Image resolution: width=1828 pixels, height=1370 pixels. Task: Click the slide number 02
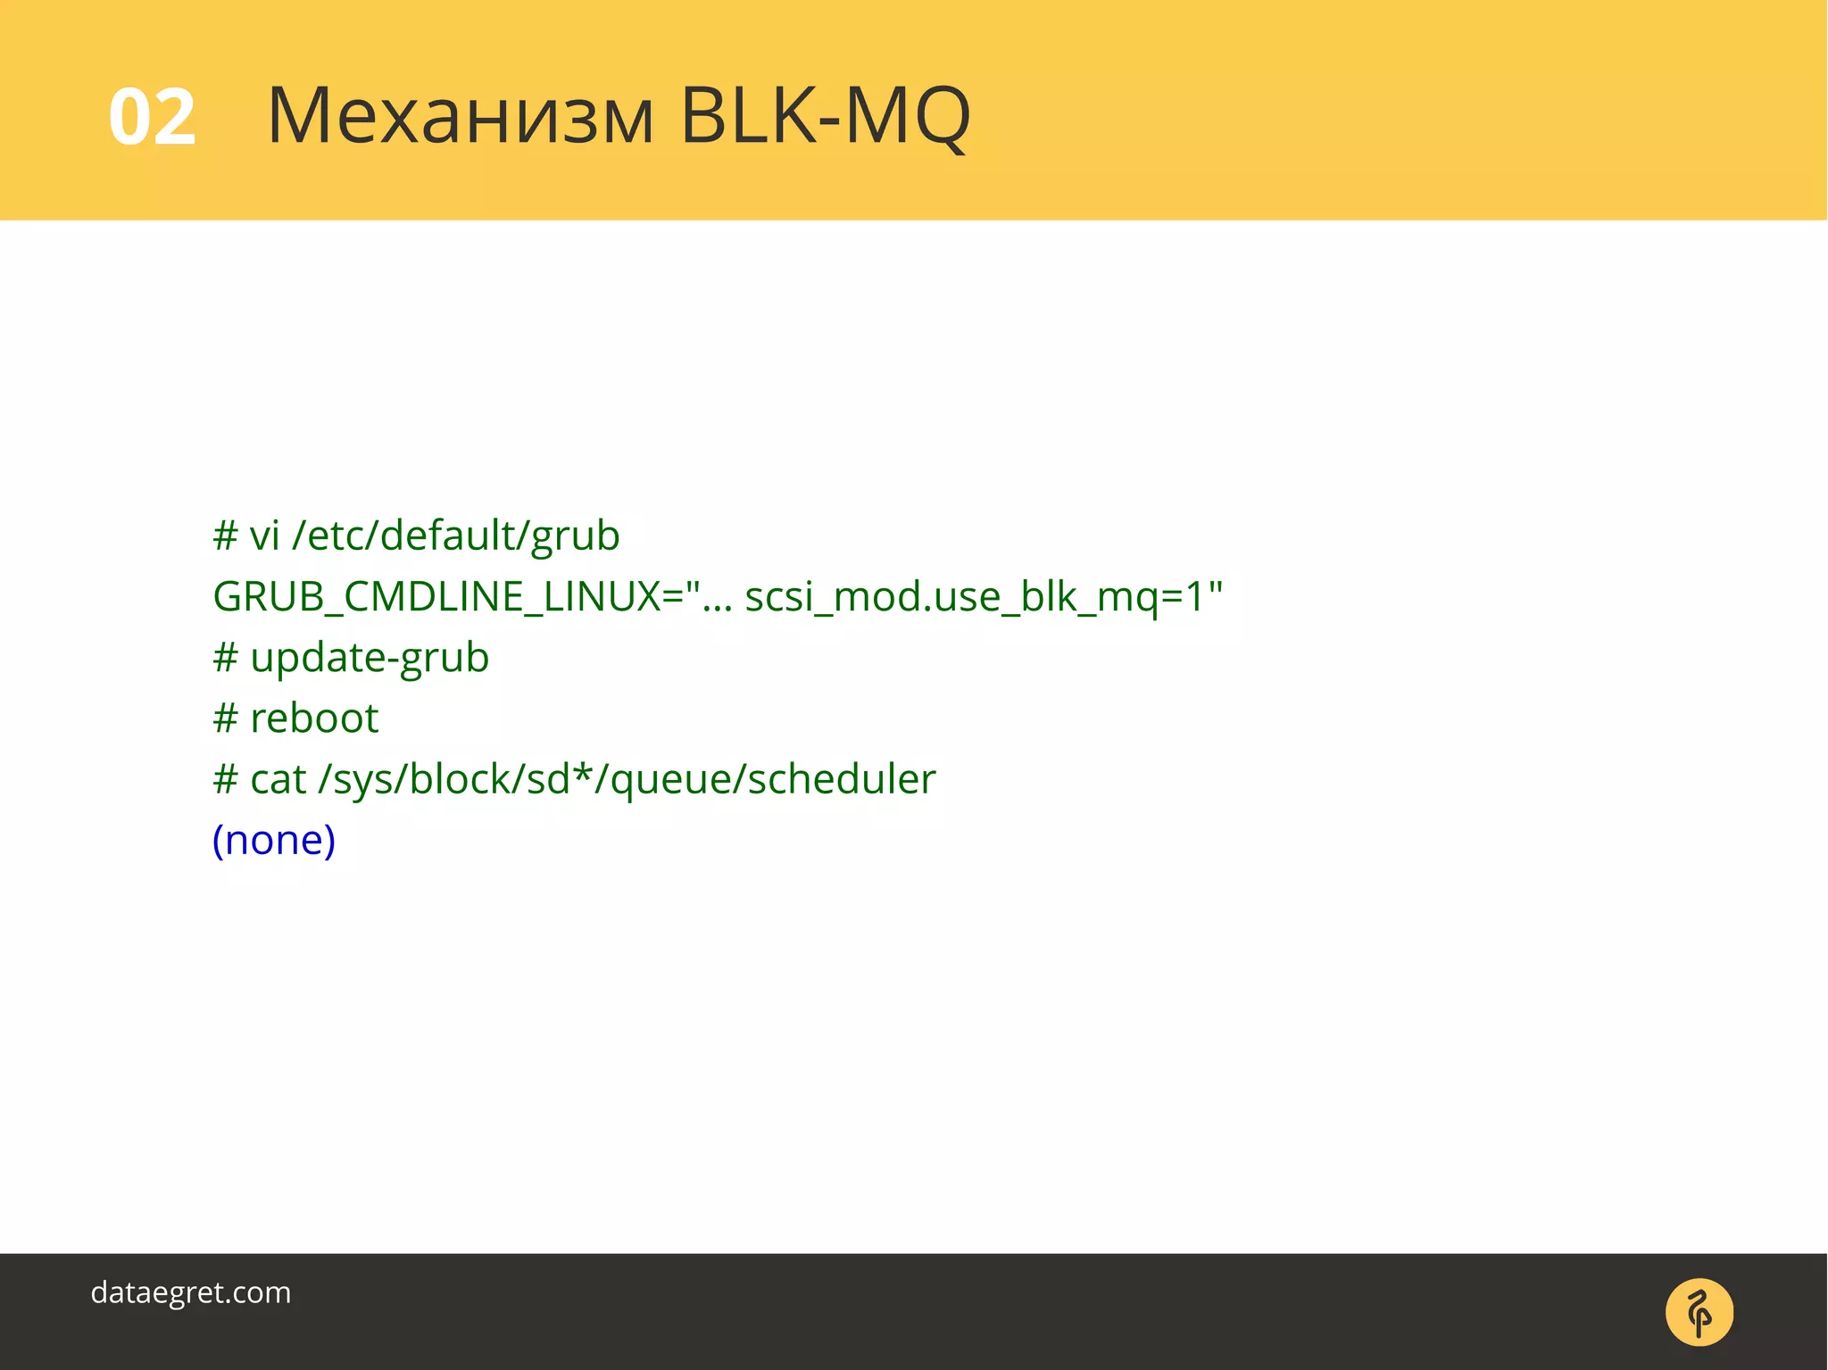tap(152, 117)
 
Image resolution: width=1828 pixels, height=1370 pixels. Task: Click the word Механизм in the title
tap(461, 117)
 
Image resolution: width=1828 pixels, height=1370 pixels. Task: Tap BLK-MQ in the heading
tap(824, 117)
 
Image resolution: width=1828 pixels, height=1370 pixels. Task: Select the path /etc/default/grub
tap(455, 536)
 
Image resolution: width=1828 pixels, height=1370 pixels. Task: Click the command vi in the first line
tap(264, 536)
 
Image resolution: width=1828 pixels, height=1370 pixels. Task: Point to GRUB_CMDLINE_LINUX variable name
tap(436, 597)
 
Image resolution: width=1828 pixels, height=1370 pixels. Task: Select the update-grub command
tap(370, 659)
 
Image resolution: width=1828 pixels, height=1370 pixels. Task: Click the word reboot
tap(314, 718)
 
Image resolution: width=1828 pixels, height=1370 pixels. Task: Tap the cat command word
tap(278, 780)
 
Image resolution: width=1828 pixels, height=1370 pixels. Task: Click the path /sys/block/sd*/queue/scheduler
tap(627, 780)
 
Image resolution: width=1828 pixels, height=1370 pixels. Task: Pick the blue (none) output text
tap(274, 840)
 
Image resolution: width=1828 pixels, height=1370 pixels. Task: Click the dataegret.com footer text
tap(190, 1292)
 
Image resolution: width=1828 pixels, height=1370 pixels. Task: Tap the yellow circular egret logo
tap(1699, 1312)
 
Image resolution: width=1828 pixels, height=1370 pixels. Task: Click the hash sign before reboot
tap(225, 718)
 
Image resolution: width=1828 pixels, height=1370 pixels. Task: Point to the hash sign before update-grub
tap(225, 659)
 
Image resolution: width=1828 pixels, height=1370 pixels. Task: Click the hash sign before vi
tap(225, 536)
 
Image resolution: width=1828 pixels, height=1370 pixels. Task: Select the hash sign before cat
tap(225, 780)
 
